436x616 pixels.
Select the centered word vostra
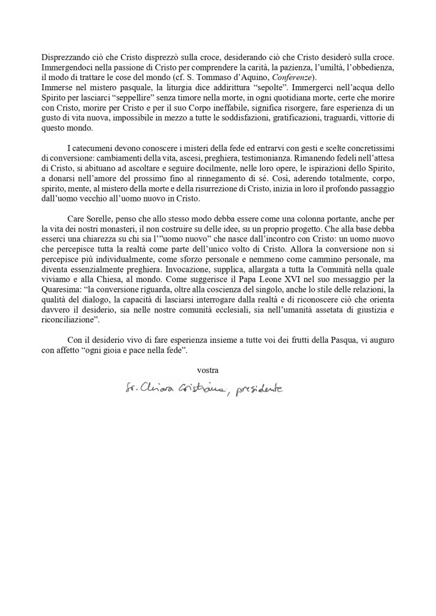(x=207, y=369)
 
